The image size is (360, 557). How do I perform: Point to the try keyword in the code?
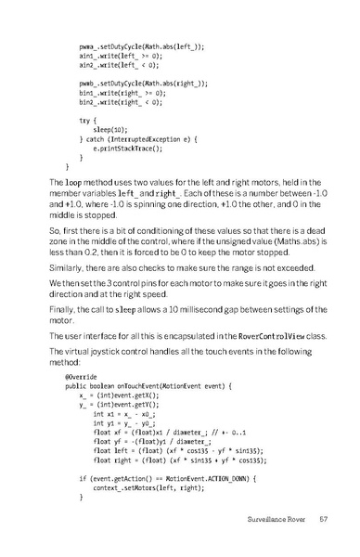[85, 120]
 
